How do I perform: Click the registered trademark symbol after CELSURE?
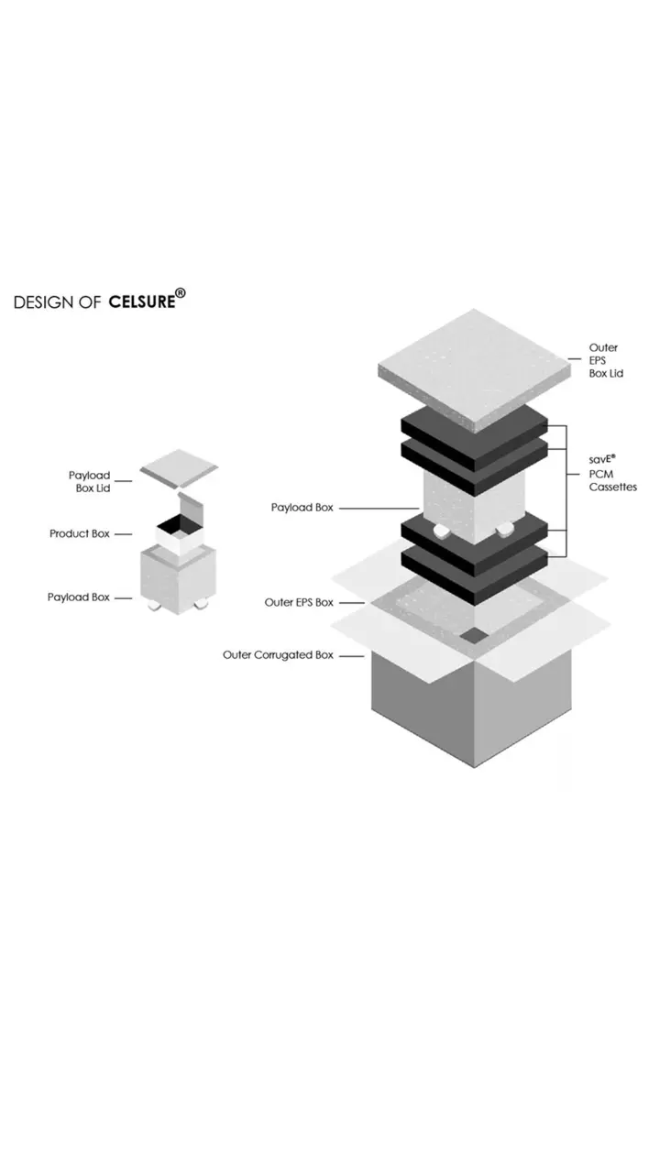pos(181,293)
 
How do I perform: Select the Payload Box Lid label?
pos(89,481)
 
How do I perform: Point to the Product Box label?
pos(79,533)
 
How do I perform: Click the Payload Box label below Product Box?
pos(78,597)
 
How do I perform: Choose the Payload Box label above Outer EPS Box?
pos(302,507)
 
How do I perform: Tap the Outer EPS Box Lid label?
pos(605,361)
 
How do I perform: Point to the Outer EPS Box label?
pos(299,602)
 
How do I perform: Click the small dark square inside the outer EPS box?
pos(474,635)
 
